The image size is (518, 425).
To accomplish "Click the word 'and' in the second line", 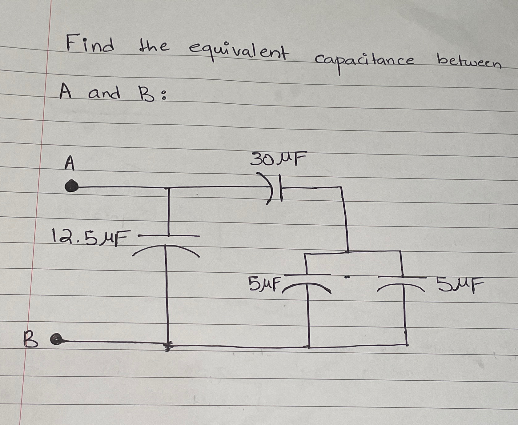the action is (104, 93).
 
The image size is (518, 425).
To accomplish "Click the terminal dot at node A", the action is (71, 186).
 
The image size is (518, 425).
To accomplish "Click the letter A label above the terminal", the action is (70, 163).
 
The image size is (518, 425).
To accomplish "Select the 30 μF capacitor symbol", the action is (276, 188).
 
